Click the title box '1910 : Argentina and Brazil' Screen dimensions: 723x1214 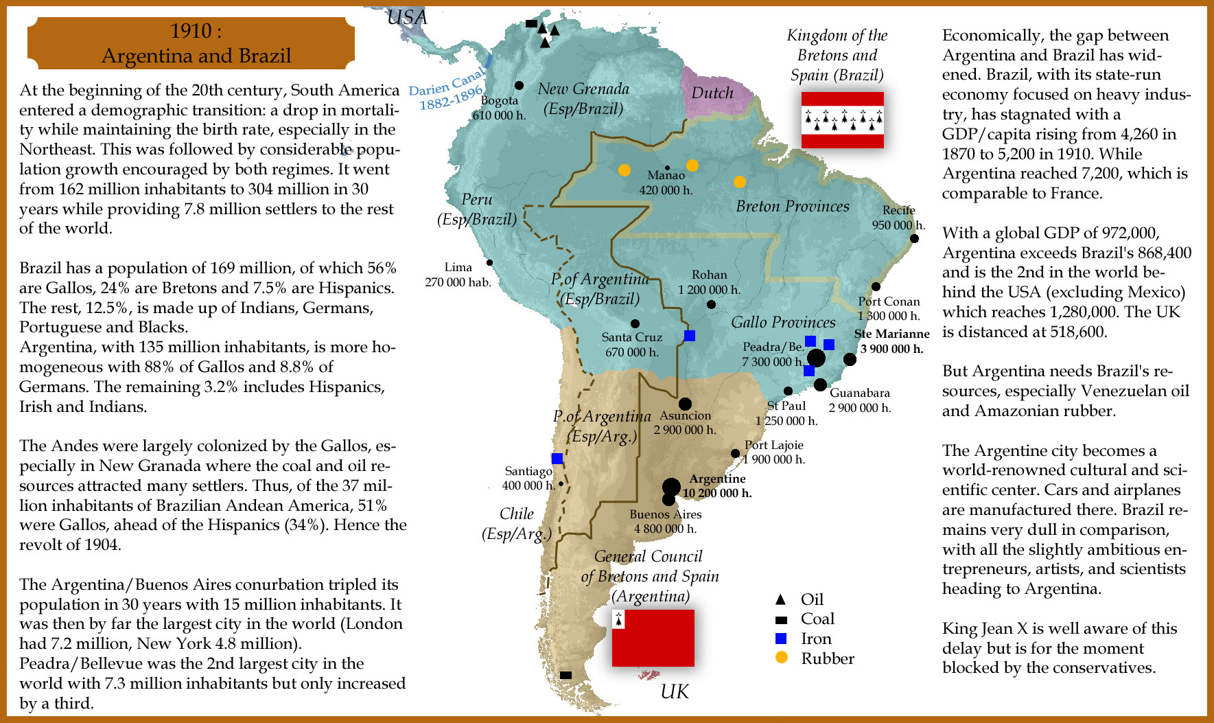191,43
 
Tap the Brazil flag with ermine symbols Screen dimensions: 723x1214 842,120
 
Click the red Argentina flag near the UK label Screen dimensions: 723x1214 653,638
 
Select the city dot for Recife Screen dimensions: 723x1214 914,238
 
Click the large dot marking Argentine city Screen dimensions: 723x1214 671,487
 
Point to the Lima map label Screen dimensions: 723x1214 458,267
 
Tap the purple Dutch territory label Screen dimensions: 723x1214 712,93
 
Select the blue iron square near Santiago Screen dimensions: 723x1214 557,458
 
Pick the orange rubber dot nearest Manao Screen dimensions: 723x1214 692,165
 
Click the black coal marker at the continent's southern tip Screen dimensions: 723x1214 565,675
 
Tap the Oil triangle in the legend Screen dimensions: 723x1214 780,599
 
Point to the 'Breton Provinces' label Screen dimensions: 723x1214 792,206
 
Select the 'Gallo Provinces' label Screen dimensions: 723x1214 783,322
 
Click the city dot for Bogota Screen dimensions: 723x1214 519,86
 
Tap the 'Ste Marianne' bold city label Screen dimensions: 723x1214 891,334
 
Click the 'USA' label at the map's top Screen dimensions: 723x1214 407,17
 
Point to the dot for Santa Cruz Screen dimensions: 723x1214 635,323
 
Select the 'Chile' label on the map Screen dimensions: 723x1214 516,514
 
